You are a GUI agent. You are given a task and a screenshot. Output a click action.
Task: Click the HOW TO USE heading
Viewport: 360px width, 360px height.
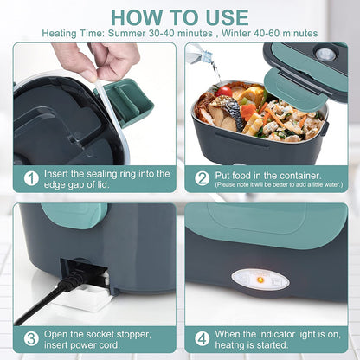(x=180, y=16)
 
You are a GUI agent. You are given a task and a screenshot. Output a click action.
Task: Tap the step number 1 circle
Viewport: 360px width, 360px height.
(x=31, y=178)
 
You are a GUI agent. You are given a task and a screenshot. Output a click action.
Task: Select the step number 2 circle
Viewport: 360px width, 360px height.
(x=202, y=178)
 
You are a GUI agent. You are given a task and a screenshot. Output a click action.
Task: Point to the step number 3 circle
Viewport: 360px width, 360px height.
(x=31, y=338)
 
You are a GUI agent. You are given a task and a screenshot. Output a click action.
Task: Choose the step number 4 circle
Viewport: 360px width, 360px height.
(x=202, y=338)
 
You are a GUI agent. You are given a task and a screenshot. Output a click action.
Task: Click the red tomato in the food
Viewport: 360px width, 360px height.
(x=227, y=92)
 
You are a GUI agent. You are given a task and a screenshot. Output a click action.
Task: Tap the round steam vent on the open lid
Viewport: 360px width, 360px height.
(x=325, y=54)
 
